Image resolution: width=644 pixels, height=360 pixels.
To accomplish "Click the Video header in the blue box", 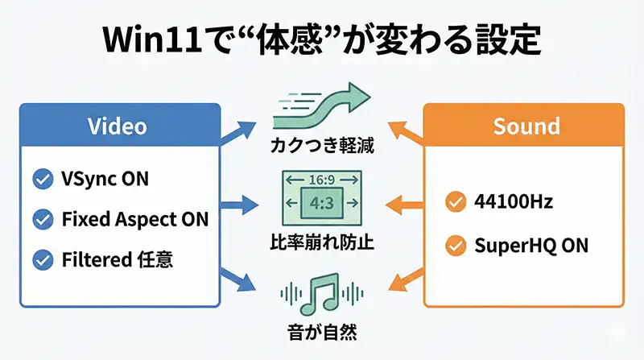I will pyautogui.click(x=119, y=126).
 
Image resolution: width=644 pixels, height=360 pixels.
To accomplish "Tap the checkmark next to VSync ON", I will pyautogui.click(x=40, y=179).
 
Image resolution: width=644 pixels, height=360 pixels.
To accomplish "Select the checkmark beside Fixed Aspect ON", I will pyautogui.click(x=40, y=219).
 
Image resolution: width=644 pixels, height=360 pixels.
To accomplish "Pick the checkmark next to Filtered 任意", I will pyautogui.click(x=40, y=259).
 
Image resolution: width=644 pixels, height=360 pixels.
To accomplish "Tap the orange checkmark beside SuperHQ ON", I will pyautogui.click(x=455, y=245).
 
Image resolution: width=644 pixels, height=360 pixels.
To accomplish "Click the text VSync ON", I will pyautogui.click(x=105, y=179).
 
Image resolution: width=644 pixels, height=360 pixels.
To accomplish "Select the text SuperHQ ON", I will pyautogui.click(x=531, y=245).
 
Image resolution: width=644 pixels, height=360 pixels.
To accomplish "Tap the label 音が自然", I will pyautogui.click(x=321, y=330).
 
